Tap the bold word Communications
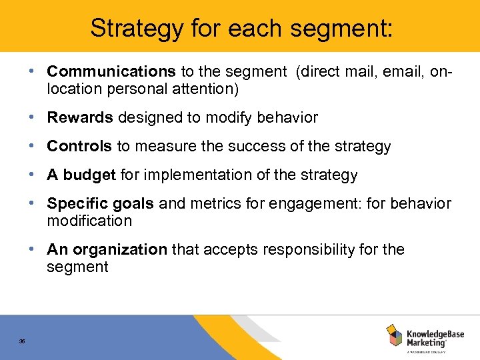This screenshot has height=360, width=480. point(111,71)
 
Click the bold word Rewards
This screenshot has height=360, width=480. point(80,118)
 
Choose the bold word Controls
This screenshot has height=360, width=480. point(79,147)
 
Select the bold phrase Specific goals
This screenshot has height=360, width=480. point(101,204)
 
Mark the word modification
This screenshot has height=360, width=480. point(89,221)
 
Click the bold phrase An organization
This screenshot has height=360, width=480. point(107,250)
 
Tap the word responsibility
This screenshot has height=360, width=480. point(313,250)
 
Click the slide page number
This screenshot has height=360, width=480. point(23,341)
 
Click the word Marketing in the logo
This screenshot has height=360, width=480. point(425,342)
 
